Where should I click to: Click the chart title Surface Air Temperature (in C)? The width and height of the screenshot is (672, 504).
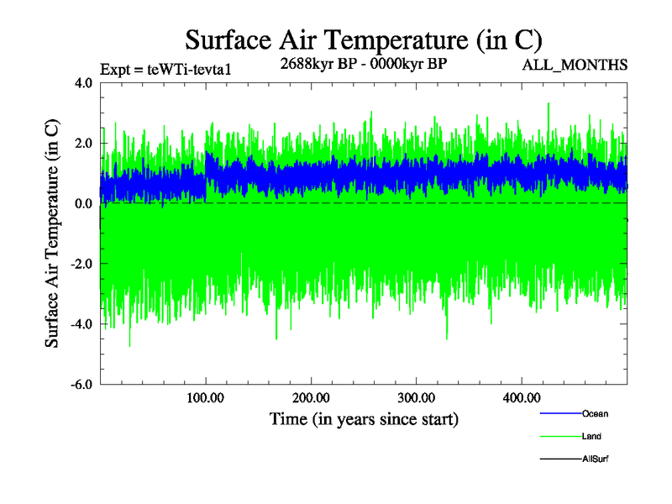pos(364,39)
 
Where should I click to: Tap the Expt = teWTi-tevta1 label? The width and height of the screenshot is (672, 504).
pos(165,70)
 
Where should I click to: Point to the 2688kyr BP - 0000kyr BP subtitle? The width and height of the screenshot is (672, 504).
pos(363,63)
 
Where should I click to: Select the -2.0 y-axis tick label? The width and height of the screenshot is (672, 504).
pos(81,265)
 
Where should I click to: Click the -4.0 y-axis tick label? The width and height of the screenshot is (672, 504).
pos(81,325)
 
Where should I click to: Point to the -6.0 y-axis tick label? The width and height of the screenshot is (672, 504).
pos(81,385)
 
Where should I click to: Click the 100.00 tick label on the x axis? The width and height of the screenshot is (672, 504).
pos(206,397)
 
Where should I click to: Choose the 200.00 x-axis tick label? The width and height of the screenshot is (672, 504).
pos(311,397)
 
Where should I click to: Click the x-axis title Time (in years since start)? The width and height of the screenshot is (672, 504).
pos(364,418)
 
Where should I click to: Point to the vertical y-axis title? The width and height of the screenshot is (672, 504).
pos(52,234)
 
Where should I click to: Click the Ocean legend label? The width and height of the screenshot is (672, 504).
pos(595,413)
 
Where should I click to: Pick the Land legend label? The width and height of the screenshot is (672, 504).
pos(591,437)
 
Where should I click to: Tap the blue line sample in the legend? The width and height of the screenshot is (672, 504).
pos(559,413)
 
